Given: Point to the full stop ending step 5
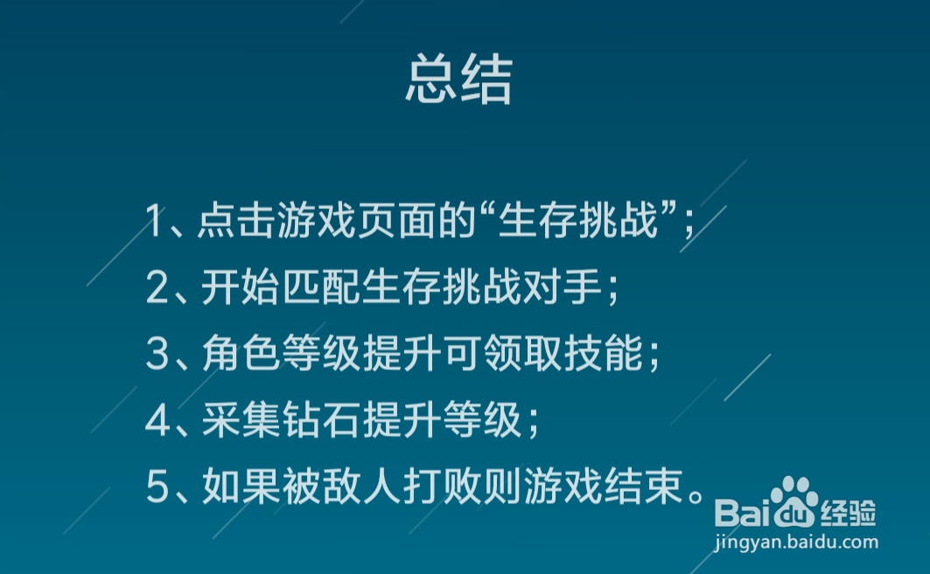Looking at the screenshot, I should pyautogui.click(x=696, y=495).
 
